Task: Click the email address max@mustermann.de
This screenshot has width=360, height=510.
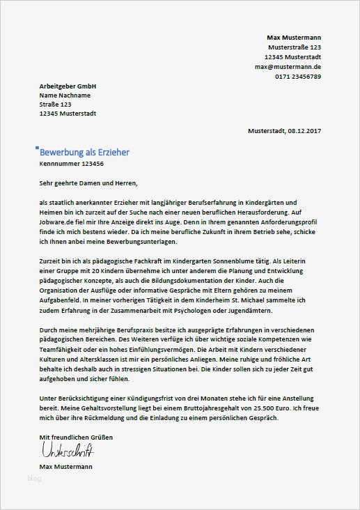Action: [x=288, y=66]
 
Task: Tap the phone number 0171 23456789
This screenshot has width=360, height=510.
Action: [x=297, y=76]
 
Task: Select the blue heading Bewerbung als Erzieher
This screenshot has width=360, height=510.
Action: [x=84, y=152]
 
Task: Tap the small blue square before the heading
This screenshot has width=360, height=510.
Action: [x=37, y=148]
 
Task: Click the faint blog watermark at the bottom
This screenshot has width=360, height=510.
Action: [x=34, y=478]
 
